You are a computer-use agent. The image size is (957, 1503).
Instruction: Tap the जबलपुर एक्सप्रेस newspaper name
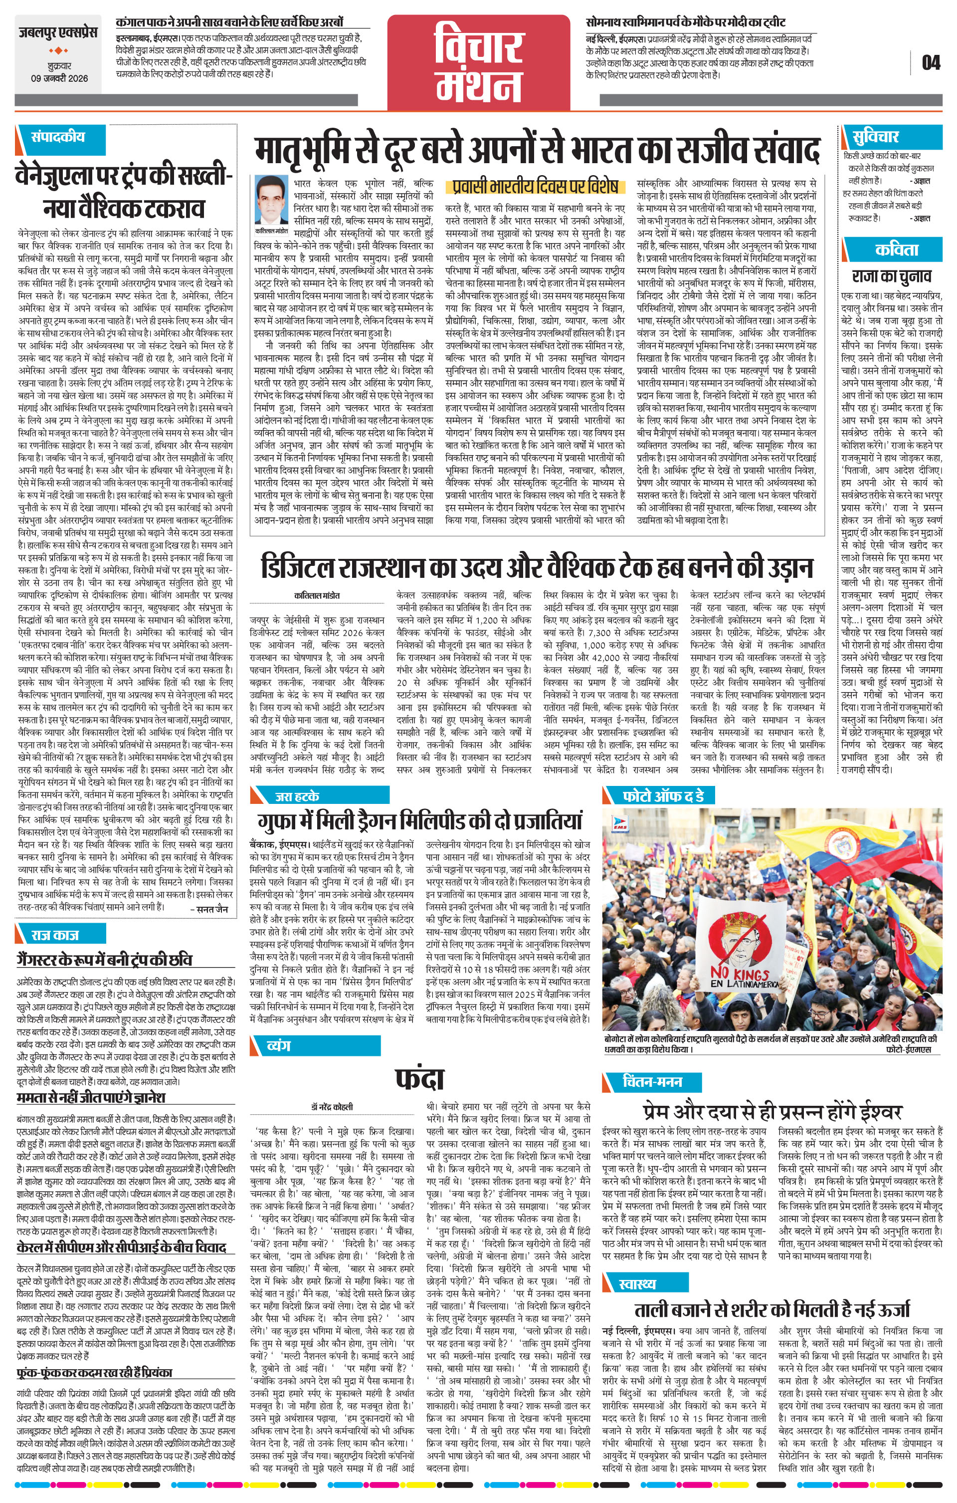[x=57, y=32]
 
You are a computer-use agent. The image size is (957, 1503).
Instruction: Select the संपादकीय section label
[x=58, y=137]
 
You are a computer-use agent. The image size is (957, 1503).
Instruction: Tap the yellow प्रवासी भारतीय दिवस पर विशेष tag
[x=535, y=186]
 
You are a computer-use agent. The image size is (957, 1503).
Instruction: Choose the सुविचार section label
[x=875, y=136]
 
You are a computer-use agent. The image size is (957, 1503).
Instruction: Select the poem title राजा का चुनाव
[x=892, y=276]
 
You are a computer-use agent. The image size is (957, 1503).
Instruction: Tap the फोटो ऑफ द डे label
[x=663, y=796]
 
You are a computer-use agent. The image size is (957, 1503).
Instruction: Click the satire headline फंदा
[x=419, y=1078]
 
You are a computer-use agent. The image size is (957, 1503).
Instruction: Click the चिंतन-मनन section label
[x=652, y=1081]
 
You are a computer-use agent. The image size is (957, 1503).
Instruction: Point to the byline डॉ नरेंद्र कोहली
[x=333, y=1107]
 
